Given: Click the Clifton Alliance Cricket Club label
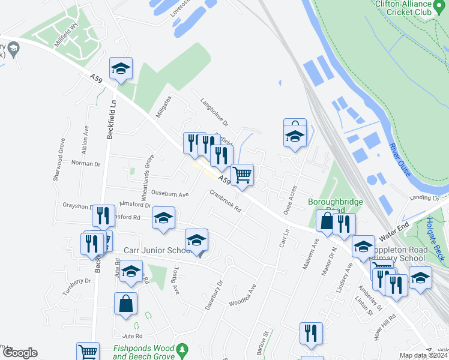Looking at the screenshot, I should pyautogui.click(x=403, y=7).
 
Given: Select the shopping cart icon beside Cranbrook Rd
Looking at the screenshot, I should pyautogui.click(x=242, y=176).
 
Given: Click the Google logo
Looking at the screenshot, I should pyautogui.click(x=19, y=353).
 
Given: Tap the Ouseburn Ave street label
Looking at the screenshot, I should pyautogui.click(x=170, y=194).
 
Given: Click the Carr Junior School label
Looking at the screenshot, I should pyautogui.click(x=157, y=250).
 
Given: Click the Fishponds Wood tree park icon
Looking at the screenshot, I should pyautogui.click(x=185, y=349).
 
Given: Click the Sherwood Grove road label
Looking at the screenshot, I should pyautogui.click(x=59, y=160).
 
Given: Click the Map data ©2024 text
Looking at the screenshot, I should pyautogui.click(x=423, y=355).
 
